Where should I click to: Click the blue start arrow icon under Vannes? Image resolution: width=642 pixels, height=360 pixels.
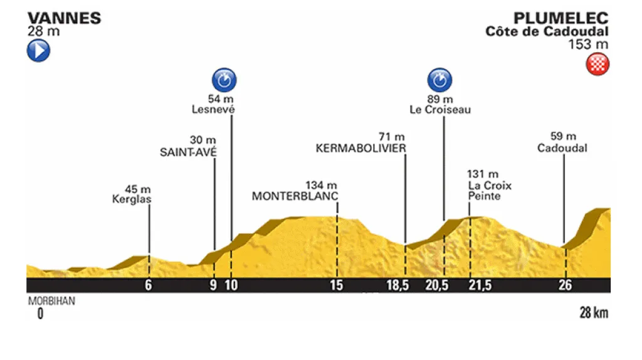pos(38,51)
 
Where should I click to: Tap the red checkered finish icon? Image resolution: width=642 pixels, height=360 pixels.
pos(597,65)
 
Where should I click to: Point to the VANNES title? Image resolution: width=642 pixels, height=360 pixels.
pos(63,18)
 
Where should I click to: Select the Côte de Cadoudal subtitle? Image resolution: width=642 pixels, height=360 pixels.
pos(547,31)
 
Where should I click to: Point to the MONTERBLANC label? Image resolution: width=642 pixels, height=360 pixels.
pos(295,196)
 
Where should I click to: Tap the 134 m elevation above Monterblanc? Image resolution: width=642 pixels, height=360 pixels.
pos(322,185)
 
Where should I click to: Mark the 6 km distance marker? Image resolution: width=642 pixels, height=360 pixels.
pos(149,286)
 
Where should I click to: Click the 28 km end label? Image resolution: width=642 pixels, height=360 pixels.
pos(594,313)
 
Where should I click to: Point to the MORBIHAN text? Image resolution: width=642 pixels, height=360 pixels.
pos(51,301)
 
